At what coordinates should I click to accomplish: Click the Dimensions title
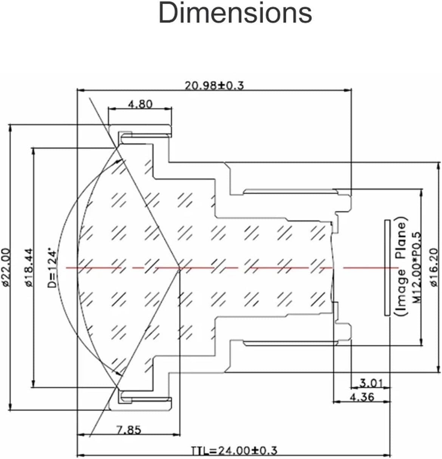click(x=235, y=13)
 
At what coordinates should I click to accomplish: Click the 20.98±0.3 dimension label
click(x=214, y=85)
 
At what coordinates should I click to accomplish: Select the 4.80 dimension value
click(x=140, y=104)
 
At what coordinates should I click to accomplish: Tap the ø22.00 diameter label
click(x=5, y=267)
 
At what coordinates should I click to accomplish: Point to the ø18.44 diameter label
click(x=30, y=267)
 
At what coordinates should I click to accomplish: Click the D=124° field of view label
click(x=53, y=267)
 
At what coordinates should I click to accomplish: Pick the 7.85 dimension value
click(x=128, y=430)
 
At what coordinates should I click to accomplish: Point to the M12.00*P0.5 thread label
click(x=417, y=267)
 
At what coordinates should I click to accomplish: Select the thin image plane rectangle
click(x=387, y=267)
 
